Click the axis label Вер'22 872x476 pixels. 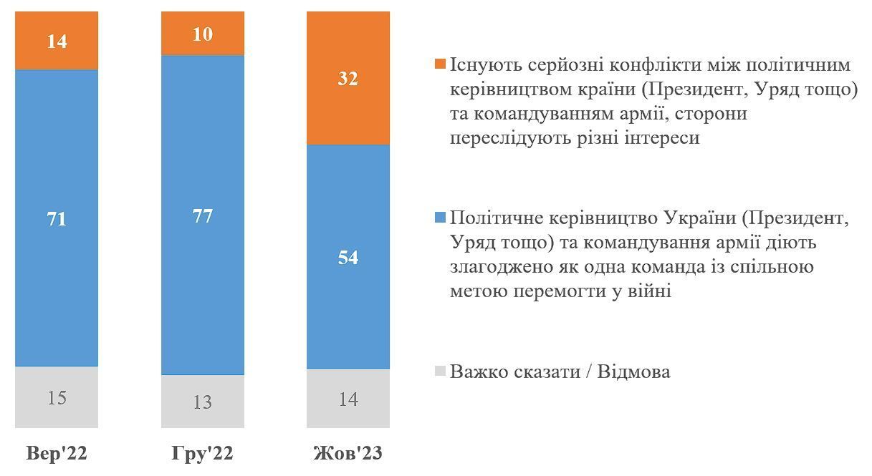[x=57, y=455]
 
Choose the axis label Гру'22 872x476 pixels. [x=203, y=455]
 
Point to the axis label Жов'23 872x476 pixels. [x=348, y=455]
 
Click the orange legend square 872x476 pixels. [x=440, y=65]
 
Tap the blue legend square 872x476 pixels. [x=440, y=218]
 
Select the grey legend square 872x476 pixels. [x=440, y=371]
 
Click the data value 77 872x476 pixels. [x=203, y=215]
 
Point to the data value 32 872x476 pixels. [x=348, y=79]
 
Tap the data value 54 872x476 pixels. [x=348, y=258]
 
